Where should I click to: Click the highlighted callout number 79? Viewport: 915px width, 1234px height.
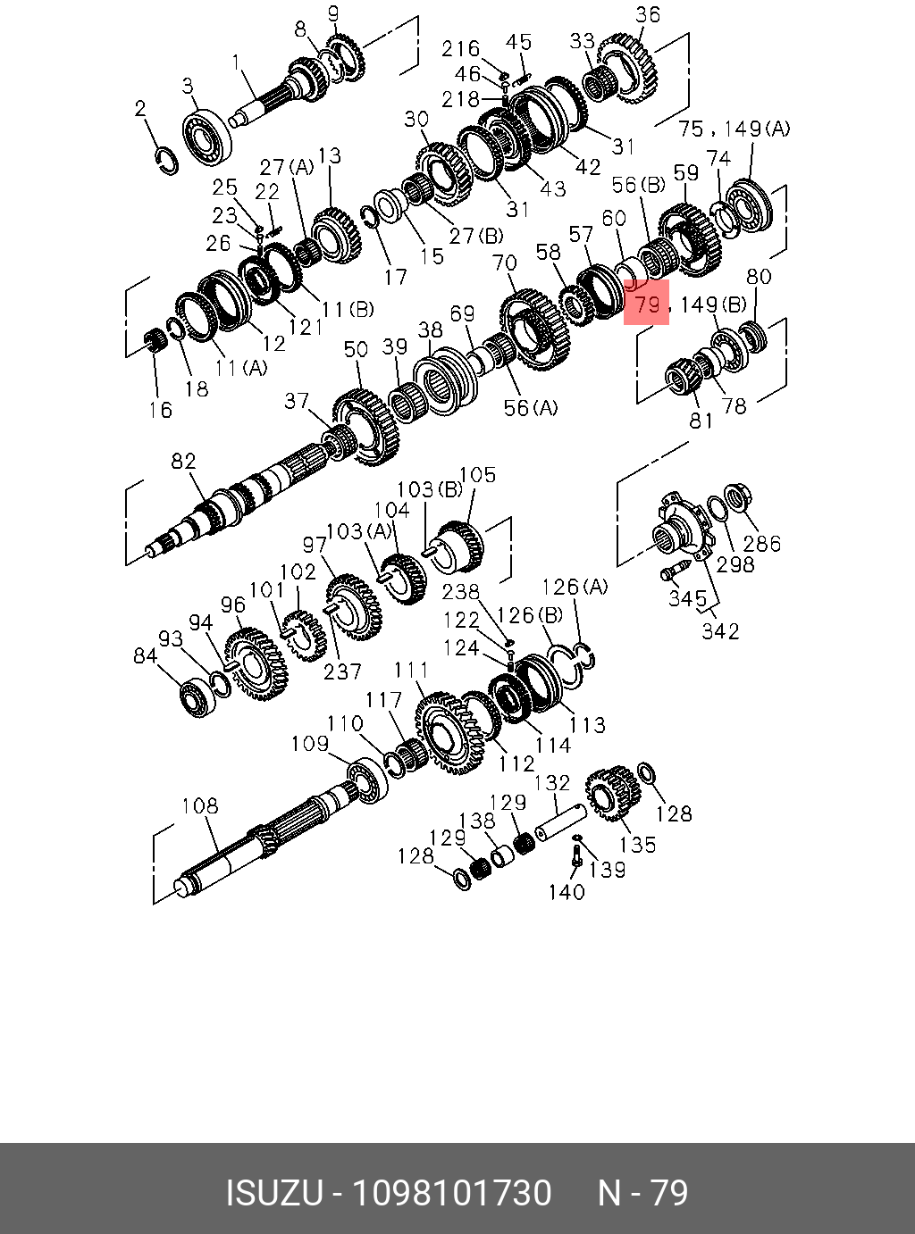646,304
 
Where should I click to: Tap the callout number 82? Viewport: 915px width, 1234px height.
183,461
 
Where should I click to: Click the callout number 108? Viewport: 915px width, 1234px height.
199,805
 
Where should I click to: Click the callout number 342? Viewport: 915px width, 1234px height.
720,630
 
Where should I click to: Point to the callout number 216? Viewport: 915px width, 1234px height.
460,48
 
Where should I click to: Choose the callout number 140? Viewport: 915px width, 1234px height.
566,891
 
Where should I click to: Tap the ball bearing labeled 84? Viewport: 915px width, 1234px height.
194,695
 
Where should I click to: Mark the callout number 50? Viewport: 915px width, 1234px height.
356,348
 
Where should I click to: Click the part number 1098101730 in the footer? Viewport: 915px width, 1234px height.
452,1193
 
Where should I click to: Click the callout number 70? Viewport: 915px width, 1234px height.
505,263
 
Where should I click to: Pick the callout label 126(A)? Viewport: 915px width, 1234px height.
575,587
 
